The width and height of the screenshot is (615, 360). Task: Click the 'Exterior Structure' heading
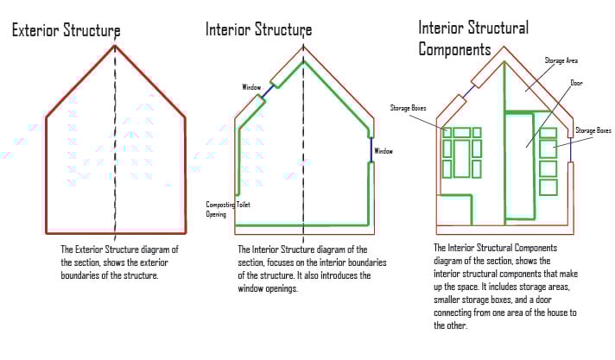[65, 31]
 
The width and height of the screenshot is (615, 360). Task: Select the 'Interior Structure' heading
[258, 29]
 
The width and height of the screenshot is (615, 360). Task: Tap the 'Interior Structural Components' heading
[472, 38]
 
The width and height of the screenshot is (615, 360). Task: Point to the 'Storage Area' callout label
[561, 60]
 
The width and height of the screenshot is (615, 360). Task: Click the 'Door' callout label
[576, 84]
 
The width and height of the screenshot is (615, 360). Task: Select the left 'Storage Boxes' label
[409, 107]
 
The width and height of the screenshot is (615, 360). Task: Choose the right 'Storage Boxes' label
[593, 130]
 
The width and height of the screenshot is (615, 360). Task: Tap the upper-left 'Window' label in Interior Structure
[251, 87]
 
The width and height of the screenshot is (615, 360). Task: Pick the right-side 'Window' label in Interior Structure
[383, 151]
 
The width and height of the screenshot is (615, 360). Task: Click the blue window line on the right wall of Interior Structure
[371, 150]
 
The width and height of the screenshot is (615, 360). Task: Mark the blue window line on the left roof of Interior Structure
[271, 89]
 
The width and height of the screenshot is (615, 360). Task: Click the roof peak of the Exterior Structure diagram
[115, 46]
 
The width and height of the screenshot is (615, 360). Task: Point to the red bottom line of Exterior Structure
[116, 233]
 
